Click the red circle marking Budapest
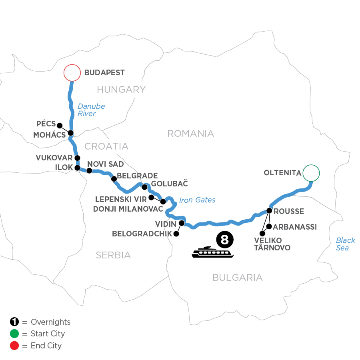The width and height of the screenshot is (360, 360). (72, 73)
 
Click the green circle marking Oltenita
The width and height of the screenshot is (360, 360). (311, 173)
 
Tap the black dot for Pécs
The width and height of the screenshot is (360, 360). (60, 125)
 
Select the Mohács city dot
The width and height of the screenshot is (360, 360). (71, 133)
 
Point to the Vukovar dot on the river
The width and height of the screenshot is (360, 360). (77, 158)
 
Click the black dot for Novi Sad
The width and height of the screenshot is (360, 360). (89, 171)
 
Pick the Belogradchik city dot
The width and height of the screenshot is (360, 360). (176, 234)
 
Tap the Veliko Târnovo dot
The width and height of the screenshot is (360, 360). (262, 233)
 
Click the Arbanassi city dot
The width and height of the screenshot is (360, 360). (269, 227)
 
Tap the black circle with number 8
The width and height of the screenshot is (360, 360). (224, 240)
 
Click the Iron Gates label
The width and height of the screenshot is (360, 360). (198, 200)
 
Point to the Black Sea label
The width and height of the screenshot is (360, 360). (345, 244)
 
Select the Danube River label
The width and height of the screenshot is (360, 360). (91, 110)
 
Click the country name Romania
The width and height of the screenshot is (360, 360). (190, 133)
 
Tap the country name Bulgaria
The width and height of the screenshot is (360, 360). (238, 277)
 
